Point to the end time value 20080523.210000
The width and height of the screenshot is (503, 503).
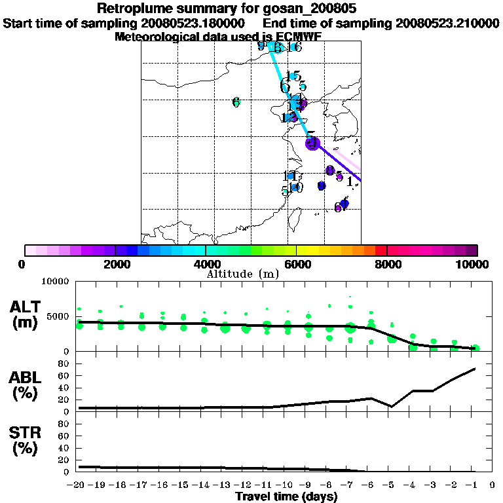[x=447, y=24]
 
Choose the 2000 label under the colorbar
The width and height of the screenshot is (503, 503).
[x=115, y=264]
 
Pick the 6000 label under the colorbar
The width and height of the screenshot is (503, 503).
[x=296, y=264]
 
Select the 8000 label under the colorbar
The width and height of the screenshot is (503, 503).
[x=387, y=264]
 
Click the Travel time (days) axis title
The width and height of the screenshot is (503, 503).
[x=286, y=497]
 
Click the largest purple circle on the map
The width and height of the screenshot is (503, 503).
[x=312, y=143]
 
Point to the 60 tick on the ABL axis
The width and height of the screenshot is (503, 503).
[x=65, y=376]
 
